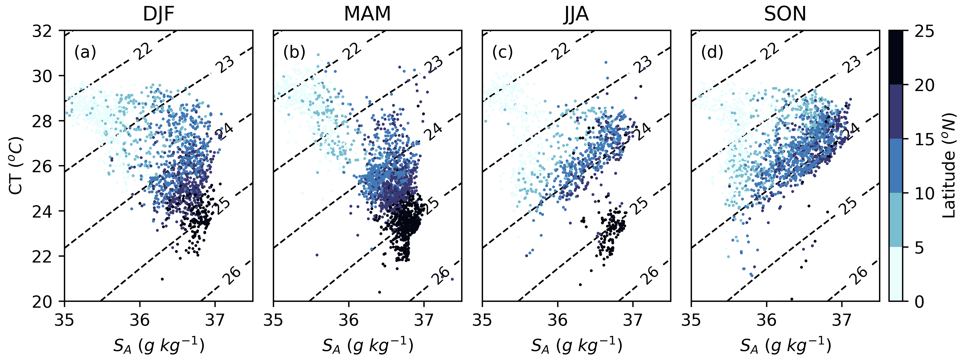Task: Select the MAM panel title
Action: pos(367,14)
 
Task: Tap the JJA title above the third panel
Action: pos(576,14)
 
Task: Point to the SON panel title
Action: pos(785,14)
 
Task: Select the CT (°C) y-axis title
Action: pos(17,166)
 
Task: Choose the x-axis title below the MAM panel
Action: pos(367,345)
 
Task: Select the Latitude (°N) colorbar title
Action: pos(949,166)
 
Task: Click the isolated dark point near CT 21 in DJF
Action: pos(162,279)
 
